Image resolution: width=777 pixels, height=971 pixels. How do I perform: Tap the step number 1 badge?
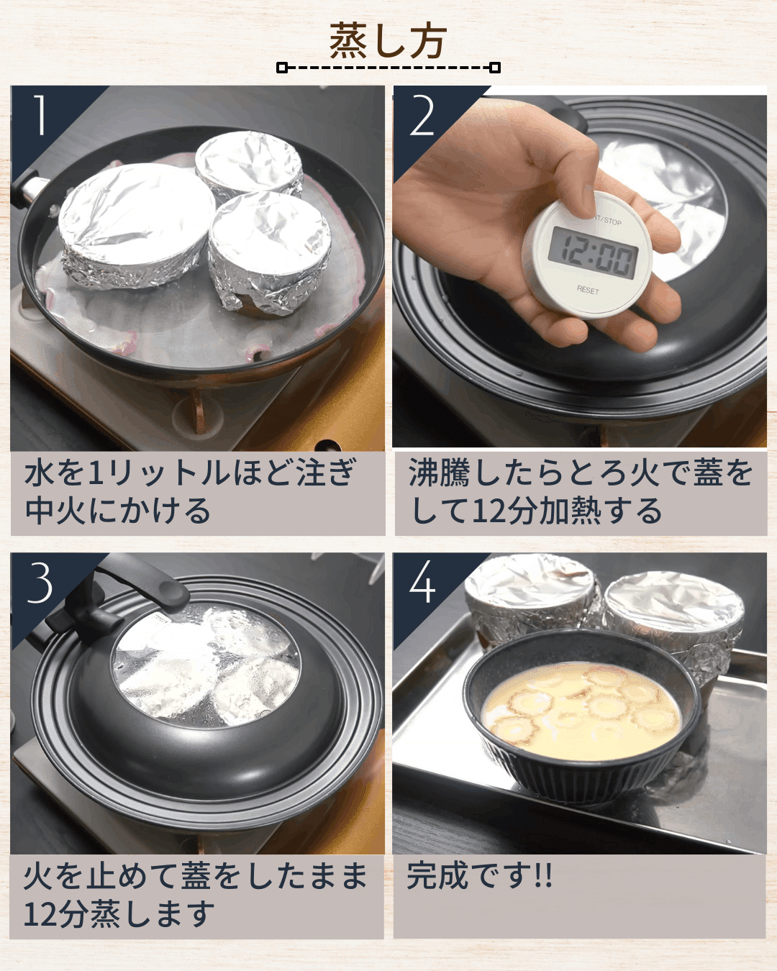click(40, 115)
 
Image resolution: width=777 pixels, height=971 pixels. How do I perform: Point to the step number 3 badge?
click(40, 583)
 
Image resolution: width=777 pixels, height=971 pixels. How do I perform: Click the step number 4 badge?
click(422, 583)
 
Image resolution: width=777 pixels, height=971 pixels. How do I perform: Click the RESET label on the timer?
click(587, 290)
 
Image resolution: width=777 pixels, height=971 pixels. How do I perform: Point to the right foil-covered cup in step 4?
click(673, 619)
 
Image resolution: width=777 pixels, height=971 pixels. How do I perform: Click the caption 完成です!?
click(479, 876)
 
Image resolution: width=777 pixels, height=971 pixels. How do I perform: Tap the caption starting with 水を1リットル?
click(191, 492)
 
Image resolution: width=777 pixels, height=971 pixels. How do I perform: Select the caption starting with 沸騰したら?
click(580, 492)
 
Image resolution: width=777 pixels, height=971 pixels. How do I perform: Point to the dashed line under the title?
click(388, 68)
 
